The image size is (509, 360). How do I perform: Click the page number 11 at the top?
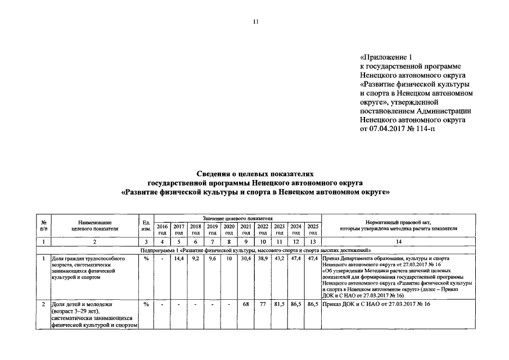(255, 22)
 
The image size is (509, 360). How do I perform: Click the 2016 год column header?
(162, 229)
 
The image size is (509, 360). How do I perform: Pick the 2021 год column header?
(246, 229)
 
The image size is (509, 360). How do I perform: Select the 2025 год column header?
(313, 229)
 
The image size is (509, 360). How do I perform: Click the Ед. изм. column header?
(146, 226)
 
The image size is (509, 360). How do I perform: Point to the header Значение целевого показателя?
(237, 218)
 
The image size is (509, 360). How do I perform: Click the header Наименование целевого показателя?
(94, 226)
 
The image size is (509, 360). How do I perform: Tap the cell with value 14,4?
(179, 259)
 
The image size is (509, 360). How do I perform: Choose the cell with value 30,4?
(246, 259)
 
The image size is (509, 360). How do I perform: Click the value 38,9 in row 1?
(263, 259)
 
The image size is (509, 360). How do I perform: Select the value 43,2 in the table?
(280, 259)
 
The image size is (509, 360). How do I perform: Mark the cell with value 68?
(246, 304)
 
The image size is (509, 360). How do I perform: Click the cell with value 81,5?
(280, 304)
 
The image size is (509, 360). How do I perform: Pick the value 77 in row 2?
(263, 304)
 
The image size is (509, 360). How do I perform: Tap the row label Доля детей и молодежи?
(78, 304)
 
